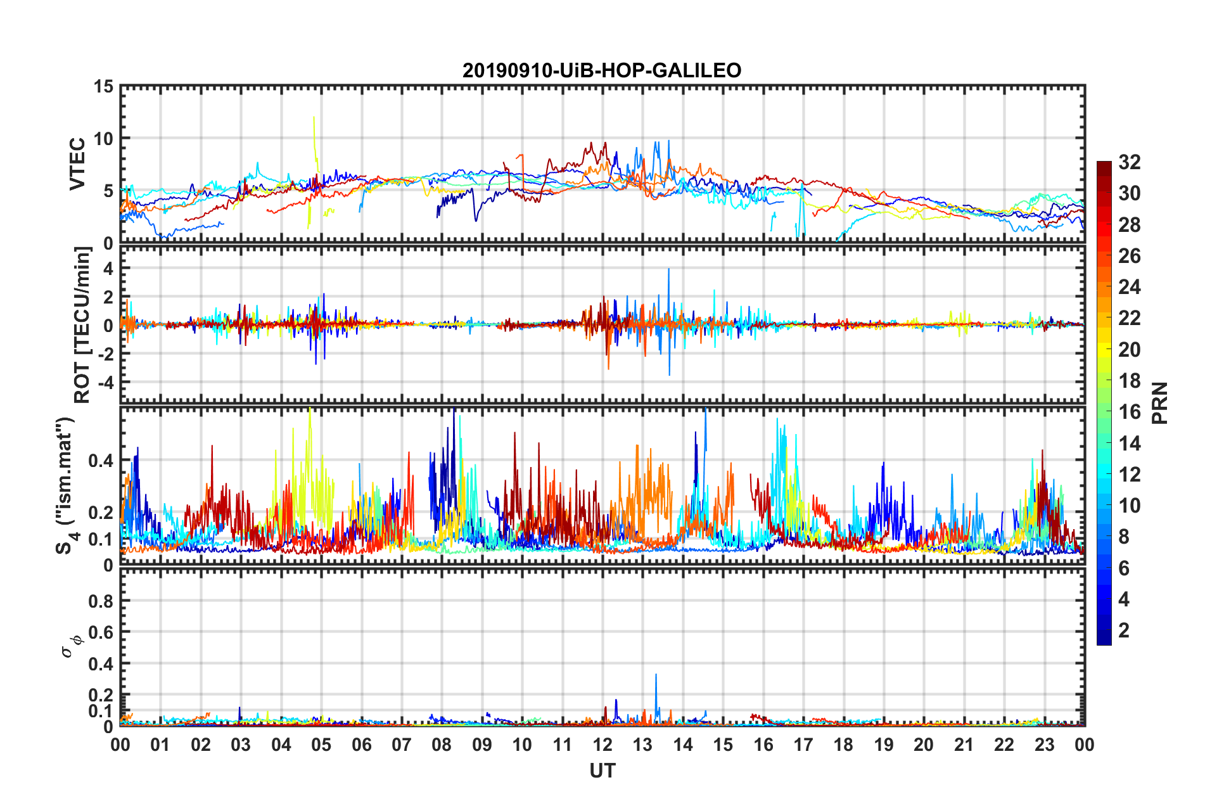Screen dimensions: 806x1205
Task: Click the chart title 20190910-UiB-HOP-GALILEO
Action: point(602,70)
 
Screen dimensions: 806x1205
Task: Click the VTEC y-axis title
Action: point(77,163)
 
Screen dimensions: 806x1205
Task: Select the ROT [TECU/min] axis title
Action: point(82,325)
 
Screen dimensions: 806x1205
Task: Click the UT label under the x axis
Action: point(602,771)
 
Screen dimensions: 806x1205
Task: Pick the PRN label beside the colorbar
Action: point(1160,403)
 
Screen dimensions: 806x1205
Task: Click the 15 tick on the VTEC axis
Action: point(103,87)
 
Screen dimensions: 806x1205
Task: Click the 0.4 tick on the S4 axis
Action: point(101,461)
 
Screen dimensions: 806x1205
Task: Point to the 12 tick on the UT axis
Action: point(602,745)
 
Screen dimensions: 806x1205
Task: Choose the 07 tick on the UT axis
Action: point(402,745)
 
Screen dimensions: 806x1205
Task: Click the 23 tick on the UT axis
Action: point(1044,745)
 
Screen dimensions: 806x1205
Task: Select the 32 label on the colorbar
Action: point(1130,163)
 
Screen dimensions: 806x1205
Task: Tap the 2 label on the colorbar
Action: point(1124,630)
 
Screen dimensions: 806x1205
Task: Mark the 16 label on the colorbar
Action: point(1130,413)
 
